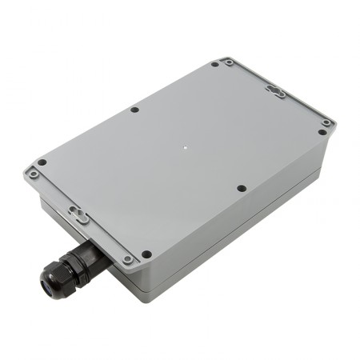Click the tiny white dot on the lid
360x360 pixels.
[x=185, y=147]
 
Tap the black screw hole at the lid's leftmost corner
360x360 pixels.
[x=42, y=163]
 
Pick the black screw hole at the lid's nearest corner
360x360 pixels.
[x=146, y=254]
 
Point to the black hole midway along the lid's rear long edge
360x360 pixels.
[x=134, y=109]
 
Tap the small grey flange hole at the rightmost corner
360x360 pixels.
[x=327, y=133]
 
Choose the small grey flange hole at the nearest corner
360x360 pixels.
[x=127, y=260]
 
